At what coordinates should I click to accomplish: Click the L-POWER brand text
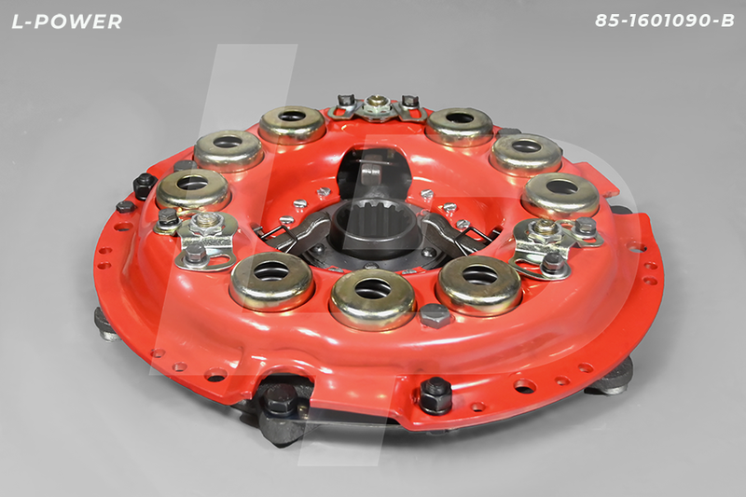tap(67, 21)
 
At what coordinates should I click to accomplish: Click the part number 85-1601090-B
tap(665, 21)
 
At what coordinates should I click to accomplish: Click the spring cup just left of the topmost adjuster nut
tap(292, 124)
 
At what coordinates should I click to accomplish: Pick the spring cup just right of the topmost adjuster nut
tap(459, 126)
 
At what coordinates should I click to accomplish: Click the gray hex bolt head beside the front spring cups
tap(435, 315)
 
